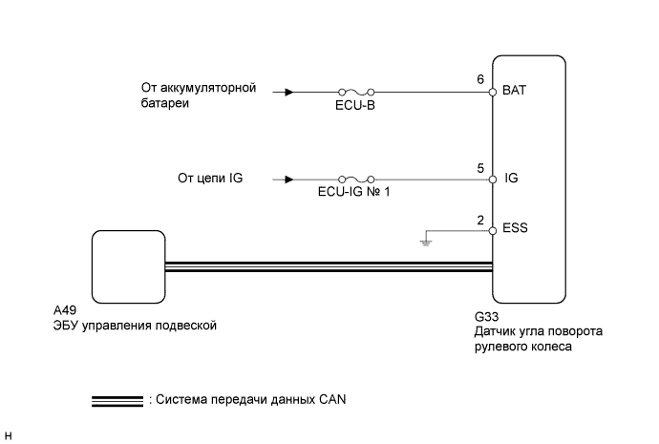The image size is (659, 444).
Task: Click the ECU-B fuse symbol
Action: (356, 92)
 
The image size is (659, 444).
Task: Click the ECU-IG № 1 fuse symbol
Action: (356, 180)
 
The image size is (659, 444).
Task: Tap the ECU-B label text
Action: (355, 105)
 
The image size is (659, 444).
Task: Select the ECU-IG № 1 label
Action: (354, 192)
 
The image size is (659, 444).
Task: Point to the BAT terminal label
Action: (514, 91)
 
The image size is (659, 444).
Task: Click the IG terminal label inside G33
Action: (511, 179)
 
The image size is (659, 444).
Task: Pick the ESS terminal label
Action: (515, 228)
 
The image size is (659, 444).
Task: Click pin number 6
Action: (480, 79)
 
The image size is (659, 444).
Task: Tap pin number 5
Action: (480, 168)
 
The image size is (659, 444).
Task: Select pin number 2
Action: (480, 221)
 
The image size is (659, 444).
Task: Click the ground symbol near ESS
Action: (426, 243)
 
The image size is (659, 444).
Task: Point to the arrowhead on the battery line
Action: (289, 92)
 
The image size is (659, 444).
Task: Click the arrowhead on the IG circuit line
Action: (289, 180)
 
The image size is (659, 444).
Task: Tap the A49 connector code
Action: (65, 310)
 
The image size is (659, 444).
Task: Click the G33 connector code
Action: (486, 317)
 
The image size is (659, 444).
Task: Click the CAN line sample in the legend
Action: (117, 401)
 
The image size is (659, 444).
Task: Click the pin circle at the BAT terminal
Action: (493, 92)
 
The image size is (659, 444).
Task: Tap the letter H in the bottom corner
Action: (8, 436)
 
